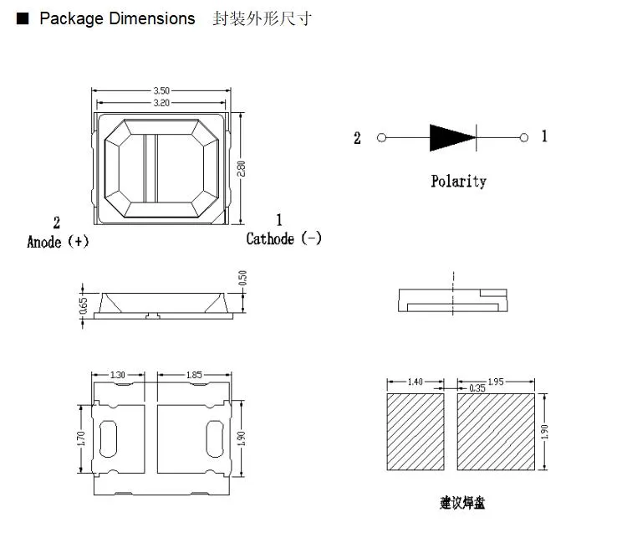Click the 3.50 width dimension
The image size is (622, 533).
(x=161, y=90)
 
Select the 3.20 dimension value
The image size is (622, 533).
(x=161, y=103)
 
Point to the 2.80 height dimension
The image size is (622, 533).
(x=242, y=168)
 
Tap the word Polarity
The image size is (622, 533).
(x=458, y=181)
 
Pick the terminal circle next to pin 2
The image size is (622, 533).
(x=382, y=138)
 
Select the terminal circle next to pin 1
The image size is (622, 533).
(x=524, y=137)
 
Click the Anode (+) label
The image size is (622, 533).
(x=58, y=242)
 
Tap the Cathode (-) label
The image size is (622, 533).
(x=283, y=238)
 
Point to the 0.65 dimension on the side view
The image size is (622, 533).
(x=84, y=306)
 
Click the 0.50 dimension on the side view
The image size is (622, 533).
(x=242, y=278)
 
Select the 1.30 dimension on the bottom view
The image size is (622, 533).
(x=118, y=376)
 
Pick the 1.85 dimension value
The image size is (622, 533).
(x=194, y=376)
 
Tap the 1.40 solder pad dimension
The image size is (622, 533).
(x=415, y=382)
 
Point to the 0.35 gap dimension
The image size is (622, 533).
(x=477, y=388)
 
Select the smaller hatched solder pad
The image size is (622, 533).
(x=416, y=433)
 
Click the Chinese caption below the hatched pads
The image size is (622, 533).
(x=461, y=502)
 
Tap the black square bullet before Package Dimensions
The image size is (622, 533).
(x=23, y=18)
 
